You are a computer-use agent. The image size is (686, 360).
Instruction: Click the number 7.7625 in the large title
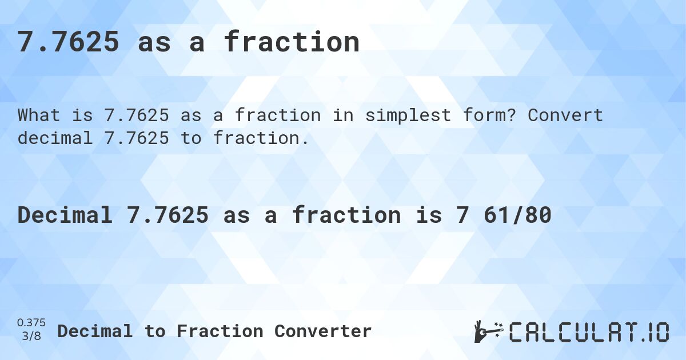tap(69, 42)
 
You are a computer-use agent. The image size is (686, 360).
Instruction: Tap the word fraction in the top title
tap(292, 42)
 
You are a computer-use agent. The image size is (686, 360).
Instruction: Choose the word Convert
tap(565, 115)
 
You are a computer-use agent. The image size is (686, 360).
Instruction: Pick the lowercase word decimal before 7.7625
tap(55, 138)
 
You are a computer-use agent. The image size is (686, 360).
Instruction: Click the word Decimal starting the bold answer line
tap(65, 215)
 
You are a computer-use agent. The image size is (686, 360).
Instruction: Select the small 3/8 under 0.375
tap(31, 337)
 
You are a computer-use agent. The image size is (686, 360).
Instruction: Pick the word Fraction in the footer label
tap(220, 331)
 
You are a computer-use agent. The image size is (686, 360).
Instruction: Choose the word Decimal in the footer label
tap(95, 331)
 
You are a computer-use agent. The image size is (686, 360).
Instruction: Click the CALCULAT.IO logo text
tap(589, 332)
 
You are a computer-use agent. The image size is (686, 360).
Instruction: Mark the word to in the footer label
tap(154, 331)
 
